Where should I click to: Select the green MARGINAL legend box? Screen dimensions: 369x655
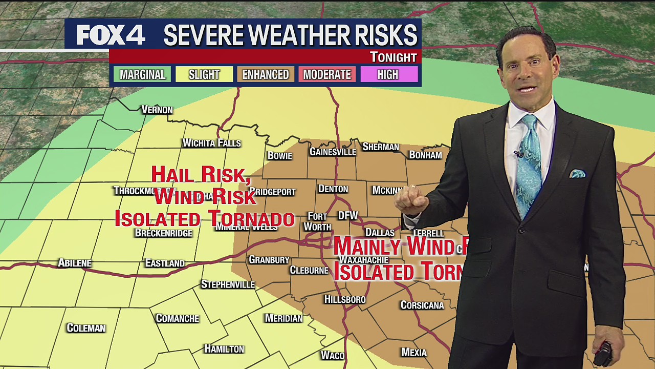[142, 74]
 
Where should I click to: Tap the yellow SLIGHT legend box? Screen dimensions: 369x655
[204, 74]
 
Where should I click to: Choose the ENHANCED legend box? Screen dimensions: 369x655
[266, 74]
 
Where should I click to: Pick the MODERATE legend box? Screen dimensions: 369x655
[327, 74]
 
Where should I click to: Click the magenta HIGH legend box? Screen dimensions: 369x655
[388, 74]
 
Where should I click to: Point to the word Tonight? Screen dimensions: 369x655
[393, 57]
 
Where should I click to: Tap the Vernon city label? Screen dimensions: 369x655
[157, 110]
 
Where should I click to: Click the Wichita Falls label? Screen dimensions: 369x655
[211, 143]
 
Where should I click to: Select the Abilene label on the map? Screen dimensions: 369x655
[75, 263]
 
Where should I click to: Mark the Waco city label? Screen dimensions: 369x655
[333, 355]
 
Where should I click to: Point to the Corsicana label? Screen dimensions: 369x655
[422, 305]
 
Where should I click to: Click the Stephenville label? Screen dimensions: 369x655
[228, 284]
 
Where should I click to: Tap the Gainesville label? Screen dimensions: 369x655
[333, 152]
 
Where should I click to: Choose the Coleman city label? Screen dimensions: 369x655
[86, 328]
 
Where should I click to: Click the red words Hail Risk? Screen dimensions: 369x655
[201, 175]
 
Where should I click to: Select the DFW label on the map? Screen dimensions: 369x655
[348, 215]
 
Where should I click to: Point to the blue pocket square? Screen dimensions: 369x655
[577, 173]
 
